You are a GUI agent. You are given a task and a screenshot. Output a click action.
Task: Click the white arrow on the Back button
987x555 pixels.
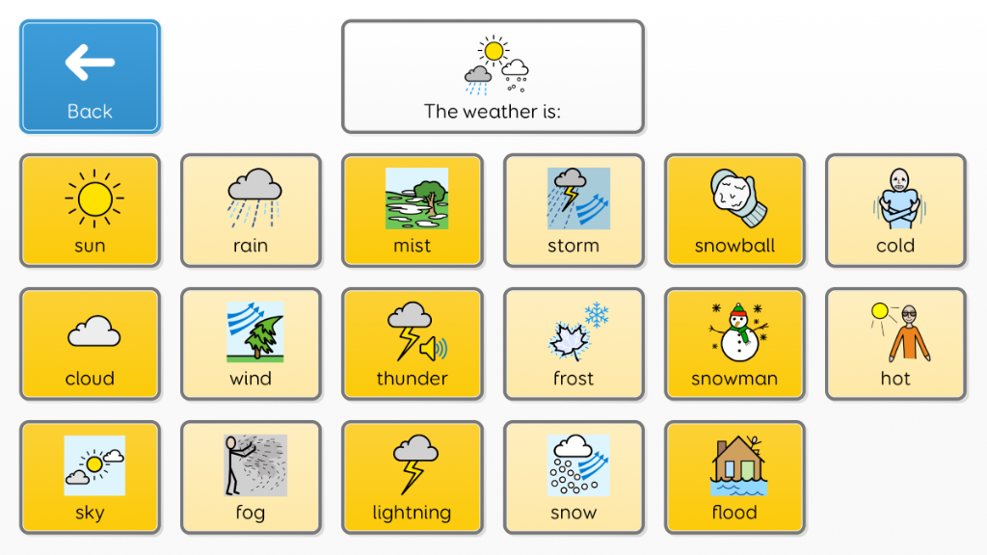(x=90, y=63)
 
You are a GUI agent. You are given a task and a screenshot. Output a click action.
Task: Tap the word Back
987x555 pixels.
(x=90, y=112)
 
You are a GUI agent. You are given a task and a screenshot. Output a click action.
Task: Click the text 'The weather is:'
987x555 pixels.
(x=493, y=112)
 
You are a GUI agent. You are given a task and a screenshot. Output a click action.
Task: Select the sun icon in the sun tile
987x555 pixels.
(x=94, y=198)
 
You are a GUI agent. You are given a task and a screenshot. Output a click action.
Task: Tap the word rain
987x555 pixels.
(x=251, y=246)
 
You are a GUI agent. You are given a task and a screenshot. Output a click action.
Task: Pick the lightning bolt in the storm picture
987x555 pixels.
(x=571, y=197)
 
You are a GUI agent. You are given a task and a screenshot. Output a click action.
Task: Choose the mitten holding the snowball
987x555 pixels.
(x=740, y=198)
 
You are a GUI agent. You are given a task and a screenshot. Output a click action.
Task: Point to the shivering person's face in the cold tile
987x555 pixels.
(x=899, y=180)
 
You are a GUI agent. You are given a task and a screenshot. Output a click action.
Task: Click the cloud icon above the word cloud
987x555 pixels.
(x=93, y=331)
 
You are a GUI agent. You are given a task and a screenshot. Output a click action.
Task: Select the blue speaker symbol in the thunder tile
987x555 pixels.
(x=433, y=348)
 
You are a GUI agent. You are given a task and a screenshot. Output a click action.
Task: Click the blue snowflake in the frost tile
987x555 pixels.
(x=596, y=315)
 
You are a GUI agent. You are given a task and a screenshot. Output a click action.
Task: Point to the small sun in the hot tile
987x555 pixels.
(x=879, y=311)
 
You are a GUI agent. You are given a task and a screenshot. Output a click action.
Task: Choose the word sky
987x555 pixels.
(x=90, y=513)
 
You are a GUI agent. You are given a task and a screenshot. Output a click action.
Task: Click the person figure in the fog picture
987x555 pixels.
(x=235, y=465)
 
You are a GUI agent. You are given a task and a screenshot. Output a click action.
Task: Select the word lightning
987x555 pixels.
(x=412, y=513)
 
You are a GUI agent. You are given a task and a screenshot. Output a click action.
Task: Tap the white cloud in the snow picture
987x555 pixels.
(x=573, y=447)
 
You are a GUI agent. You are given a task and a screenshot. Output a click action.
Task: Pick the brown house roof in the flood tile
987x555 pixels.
(x=737, y=449)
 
